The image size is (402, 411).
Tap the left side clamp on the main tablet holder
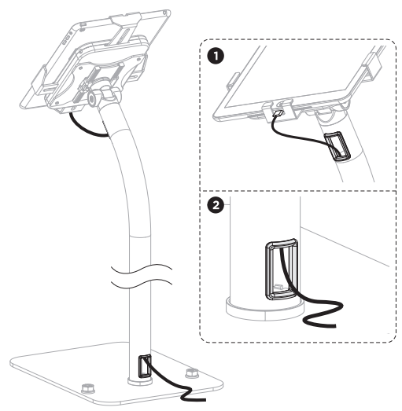coord(39,78)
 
